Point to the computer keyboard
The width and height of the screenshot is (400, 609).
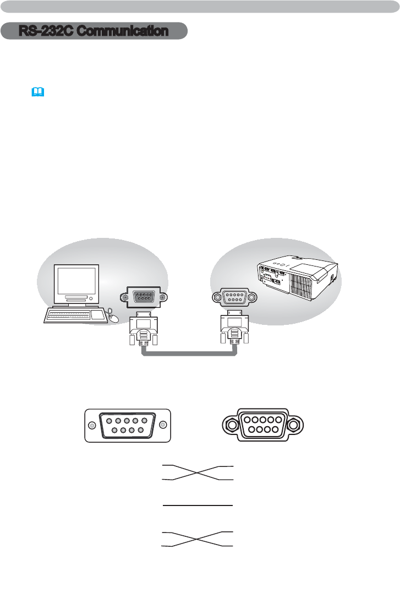tap(69, 315)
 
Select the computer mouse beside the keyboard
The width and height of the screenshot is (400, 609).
tap(113, 317)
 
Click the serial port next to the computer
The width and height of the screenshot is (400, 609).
tap(143, 297)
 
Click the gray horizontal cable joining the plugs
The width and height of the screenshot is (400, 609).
tap(189, 354)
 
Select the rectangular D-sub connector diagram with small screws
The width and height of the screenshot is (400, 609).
tap(128, 425)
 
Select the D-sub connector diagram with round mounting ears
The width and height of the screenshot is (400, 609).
tap(262, 425)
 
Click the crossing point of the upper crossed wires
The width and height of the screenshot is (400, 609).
tap(198, 473)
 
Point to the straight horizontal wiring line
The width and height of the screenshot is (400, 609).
tap(198, 504)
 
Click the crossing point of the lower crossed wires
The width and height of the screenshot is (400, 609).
tap(198, 539)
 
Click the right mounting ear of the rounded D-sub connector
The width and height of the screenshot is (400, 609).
tap(296, 425)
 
